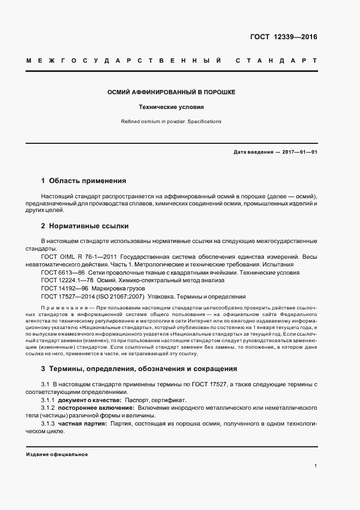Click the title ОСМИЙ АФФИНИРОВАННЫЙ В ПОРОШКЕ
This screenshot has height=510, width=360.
pyautogui.click(x=172, y=92)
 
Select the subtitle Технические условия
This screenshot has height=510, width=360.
pyautogui.click(x=172, y=107)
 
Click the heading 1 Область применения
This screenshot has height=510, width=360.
pyautogui.click(x=83, y=180)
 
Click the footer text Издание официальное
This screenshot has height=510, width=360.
pyautogui.click(x=56, y=454)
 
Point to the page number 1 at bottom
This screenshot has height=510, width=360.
pyautogui.click(x=315, y=466)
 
